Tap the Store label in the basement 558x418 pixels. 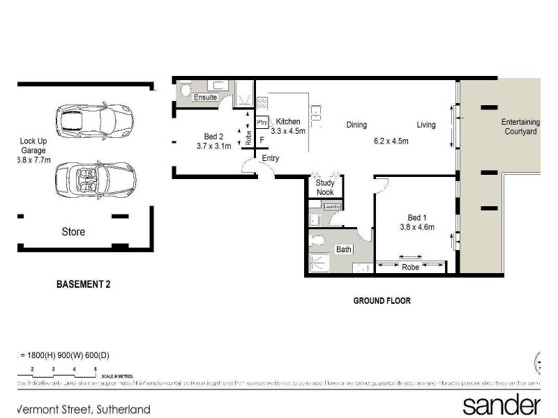tap(73, 231)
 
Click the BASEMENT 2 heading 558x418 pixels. tap(83, 284)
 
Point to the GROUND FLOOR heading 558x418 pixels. tap(382, 301)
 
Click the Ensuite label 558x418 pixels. tap(205, 98)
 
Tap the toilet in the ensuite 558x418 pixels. tap(186, 91)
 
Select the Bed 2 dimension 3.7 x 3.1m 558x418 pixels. tap(213, 146)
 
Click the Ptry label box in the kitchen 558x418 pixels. tap(262, 123)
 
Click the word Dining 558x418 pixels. tap(356, 125)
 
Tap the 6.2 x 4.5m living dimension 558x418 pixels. tap(391, 141)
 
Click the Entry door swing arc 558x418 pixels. tap(248, 166)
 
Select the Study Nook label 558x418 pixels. tap(325, 188)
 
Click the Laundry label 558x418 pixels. tap(331, 207)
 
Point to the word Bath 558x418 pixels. tap(343, 249)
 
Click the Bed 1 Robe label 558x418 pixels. tap(410, 267)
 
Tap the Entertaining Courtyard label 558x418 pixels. tap(520, 127)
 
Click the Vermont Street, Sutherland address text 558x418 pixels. tap(84, 409)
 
